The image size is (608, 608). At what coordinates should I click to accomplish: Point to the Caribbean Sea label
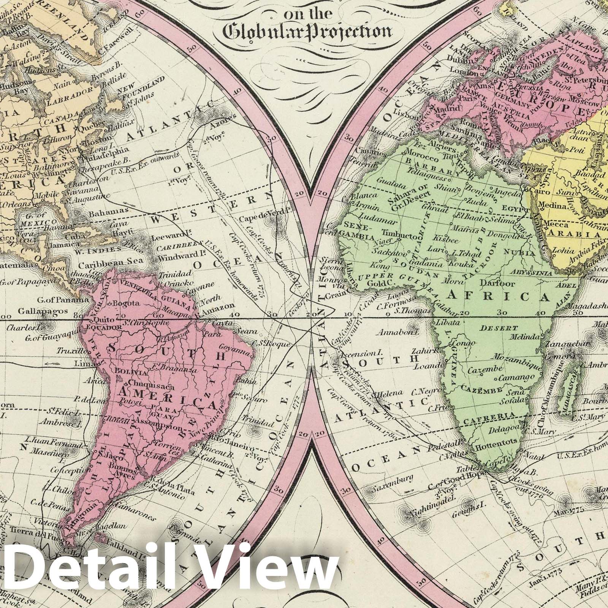[111, 261]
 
